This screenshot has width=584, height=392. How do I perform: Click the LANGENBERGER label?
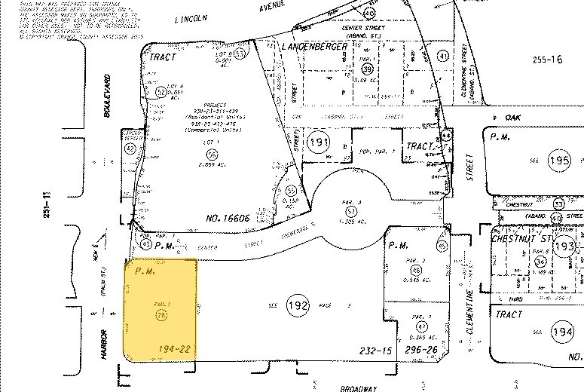pos(313,47)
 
